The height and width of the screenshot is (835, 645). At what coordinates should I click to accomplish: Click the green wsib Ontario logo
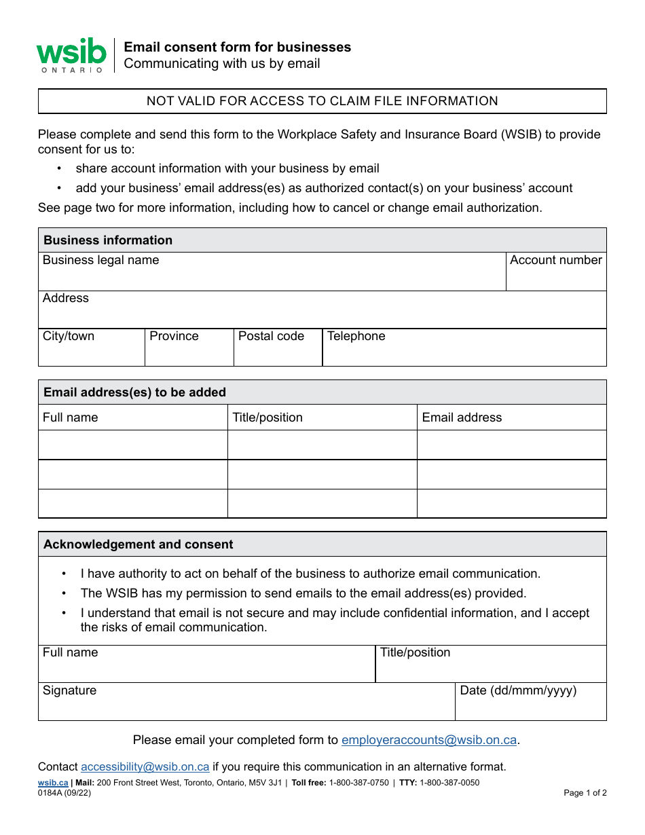[71, 55]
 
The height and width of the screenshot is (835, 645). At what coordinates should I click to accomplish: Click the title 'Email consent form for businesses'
[237, 47]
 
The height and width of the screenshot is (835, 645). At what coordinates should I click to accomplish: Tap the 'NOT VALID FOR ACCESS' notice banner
[322, 101]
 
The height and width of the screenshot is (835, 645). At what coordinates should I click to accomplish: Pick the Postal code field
[278, 352]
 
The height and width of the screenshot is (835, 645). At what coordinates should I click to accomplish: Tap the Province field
[189, 352]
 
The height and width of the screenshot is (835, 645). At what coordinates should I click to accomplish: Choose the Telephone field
[464, 352]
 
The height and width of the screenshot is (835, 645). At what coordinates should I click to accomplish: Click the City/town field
[91, 352]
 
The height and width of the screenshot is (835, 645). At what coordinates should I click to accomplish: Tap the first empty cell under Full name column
[132, 445]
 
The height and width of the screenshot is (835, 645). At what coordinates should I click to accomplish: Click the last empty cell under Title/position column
[322, 504]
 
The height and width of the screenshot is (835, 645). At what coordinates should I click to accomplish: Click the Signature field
[246, 705]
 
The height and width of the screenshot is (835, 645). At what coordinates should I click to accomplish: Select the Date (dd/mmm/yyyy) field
[530, 705]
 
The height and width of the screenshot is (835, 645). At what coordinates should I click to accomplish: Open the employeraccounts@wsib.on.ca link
[429, 740]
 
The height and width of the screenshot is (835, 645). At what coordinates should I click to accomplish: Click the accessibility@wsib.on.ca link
[145, 767]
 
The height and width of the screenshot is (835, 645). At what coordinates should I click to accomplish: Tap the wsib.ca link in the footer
[53, 783]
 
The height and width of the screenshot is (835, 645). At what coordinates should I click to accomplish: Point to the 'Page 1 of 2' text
[585, 793]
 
